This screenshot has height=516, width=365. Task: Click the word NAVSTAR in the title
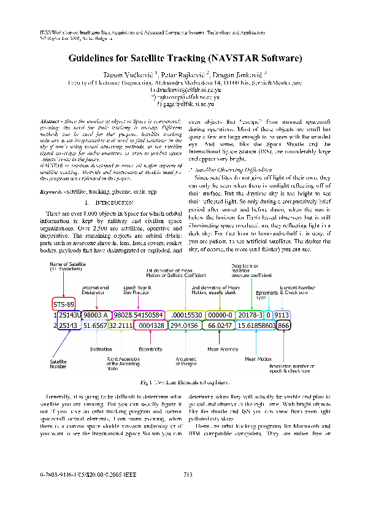[x=233, y=59]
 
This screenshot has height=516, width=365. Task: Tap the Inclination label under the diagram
[x=101, y=349]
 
